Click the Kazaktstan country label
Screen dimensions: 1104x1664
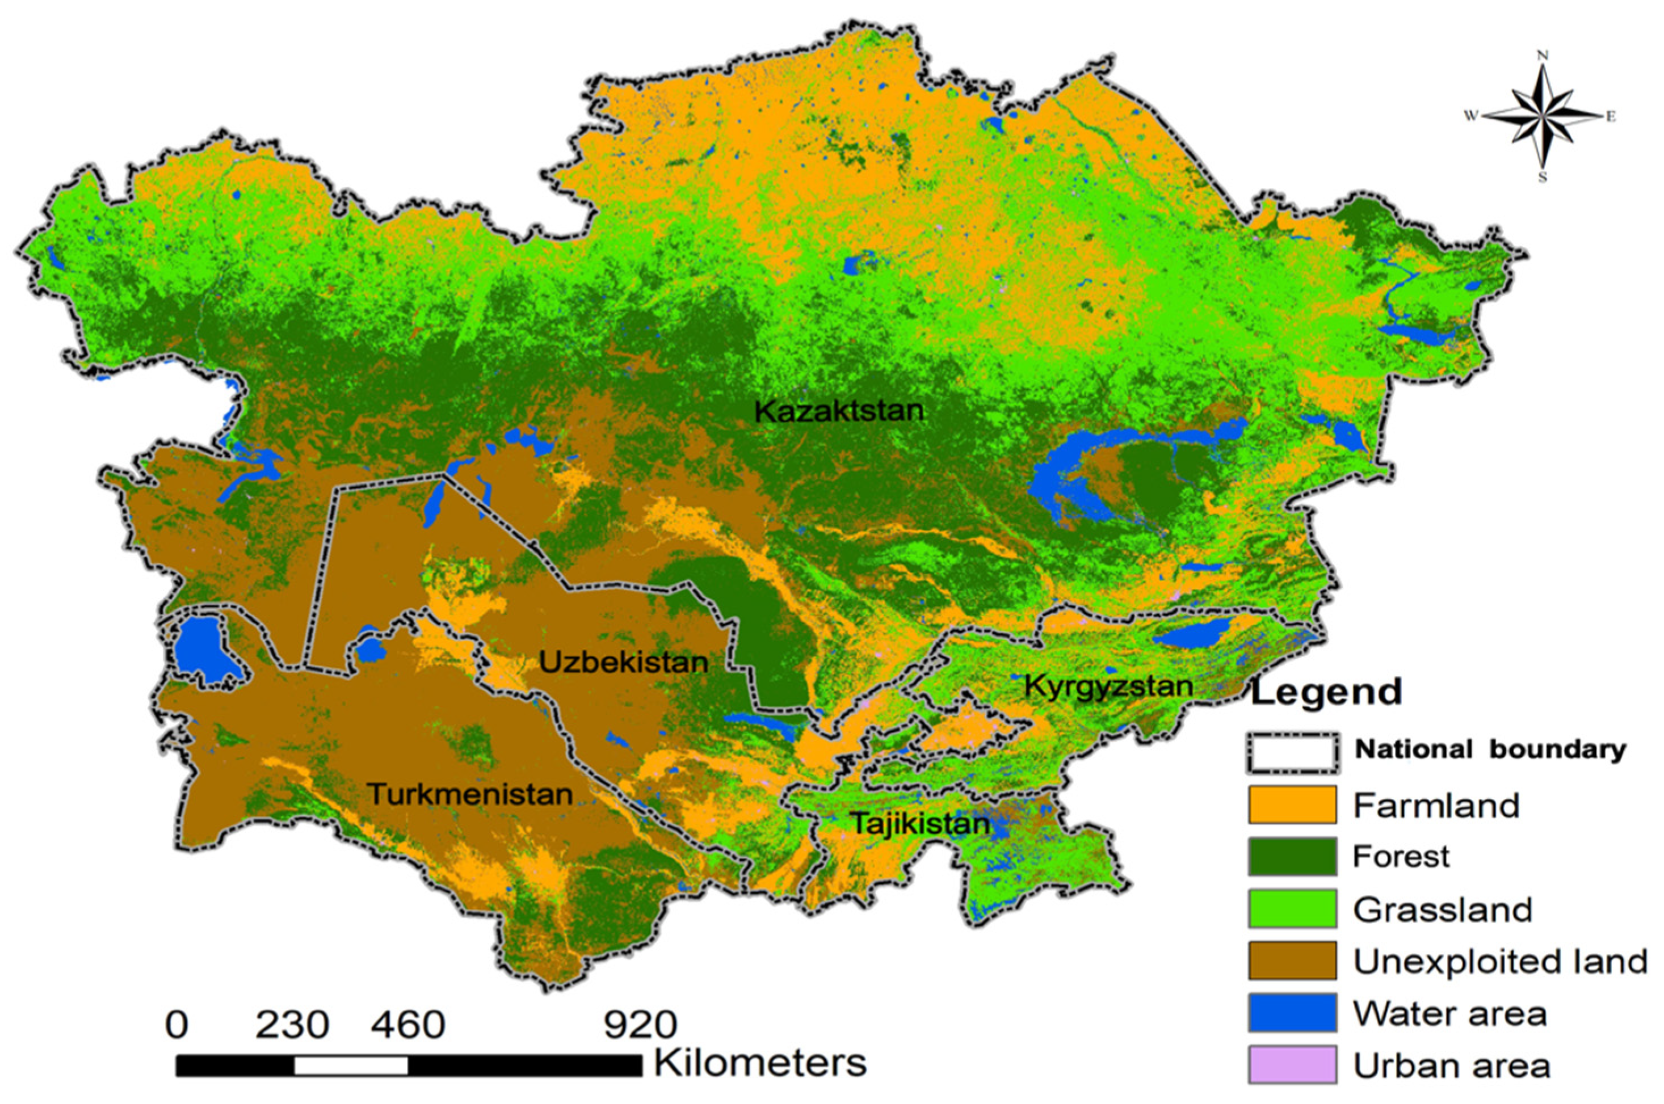pyautogui.click(x=838, y=411)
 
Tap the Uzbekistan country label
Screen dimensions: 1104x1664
pyautogui.click(x=623, y=662)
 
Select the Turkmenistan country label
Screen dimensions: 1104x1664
pyautogui.click(x=470, y=794)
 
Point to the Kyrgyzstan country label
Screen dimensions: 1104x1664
pyautogui.click(x=1108, y=685)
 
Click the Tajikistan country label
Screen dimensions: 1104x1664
pyautogui.click(x=919, y=823)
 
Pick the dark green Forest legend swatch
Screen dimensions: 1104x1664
pyautogui.click(x=1292, y=856)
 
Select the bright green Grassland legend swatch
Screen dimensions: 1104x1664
pyautogui.click(x=1292, y=909)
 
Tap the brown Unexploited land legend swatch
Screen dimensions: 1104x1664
pyautogui.click(x=1292, y=961)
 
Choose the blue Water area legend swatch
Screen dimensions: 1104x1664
pyautogui.click(x=1292, y=1013)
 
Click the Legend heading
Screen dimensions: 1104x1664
pyautogui.click(x=1326, y=692)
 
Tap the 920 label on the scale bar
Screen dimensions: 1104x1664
pyautogui.click(x=640, y=1025)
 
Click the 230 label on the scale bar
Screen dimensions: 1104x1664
pyautogui.click(x=292, y=1025)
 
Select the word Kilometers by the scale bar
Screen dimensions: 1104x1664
pyautogui.click(x=760, y=1063)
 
